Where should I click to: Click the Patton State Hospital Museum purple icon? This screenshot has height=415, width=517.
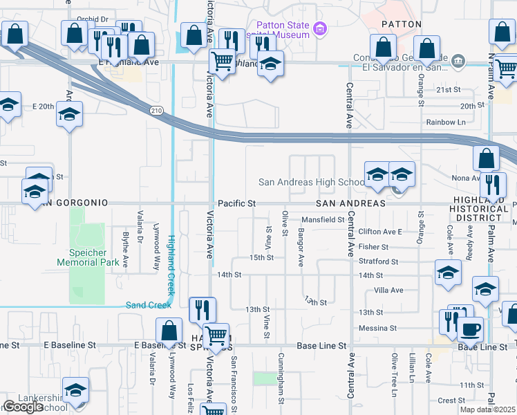[x=319, y=28]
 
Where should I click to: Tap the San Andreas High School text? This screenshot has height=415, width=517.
[x=311, y=183]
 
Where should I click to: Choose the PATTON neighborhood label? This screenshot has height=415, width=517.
[x=401, y=24]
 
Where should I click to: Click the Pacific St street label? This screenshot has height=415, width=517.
[x=236, y=204]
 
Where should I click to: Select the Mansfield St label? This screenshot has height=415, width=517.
[x=323, y=220]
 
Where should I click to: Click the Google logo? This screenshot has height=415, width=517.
[x=23, y=407]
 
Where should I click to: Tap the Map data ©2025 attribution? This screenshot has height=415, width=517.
[x=487, y=409]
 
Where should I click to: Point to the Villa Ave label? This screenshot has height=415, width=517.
[x=388, y=290]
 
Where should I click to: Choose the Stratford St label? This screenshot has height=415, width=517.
[x=379, y=262]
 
